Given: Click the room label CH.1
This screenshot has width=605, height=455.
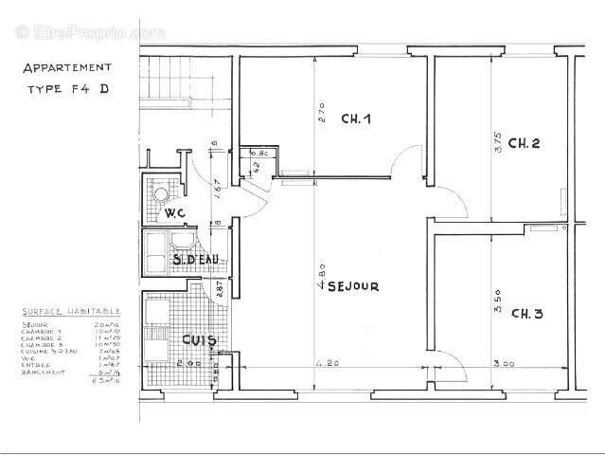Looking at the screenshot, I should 355,119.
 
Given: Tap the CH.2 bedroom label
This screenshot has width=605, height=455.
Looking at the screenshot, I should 524,144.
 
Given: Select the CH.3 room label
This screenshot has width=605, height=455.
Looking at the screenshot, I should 526,313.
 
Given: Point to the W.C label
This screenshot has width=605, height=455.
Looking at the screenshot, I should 175,212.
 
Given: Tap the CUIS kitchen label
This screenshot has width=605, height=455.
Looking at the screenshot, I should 200,340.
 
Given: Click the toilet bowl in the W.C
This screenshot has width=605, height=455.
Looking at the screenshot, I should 162,194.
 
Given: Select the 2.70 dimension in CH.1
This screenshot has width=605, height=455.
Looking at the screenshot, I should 320,115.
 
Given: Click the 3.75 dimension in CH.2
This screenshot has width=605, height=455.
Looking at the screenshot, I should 498,142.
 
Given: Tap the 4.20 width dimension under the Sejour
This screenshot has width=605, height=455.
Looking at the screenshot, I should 325,362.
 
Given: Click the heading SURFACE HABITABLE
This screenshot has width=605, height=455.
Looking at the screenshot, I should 71,311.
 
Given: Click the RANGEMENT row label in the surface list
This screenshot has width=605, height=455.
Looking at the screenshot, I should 43,373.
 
